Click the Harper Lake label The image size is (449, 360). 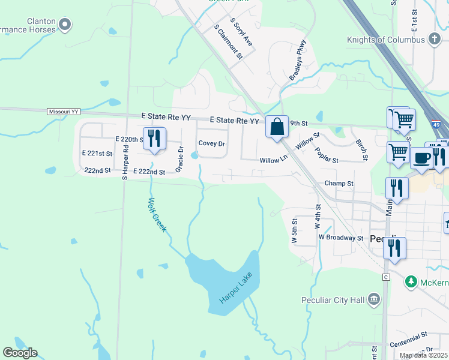[237, 287]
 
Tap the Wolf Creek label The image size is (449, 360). [157, 215]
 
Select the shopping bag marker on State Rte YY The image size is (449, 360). [277, 127]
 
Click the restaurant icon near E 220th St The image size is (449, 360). [154, 139]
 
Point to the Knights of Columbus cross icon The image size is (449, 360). [435, 40]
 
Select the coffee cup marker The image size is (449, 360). [421, 158]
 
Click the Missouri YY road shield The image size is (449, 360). [63, 112]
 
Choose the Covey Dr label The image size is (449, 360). [211, 144]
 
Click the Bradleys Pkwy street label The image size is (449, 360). [298, 60]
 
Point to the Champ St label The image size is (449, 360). [339, 183]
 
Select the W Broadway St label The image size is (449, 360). [341, 238]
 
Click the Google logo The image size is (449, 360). [20, 353]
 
